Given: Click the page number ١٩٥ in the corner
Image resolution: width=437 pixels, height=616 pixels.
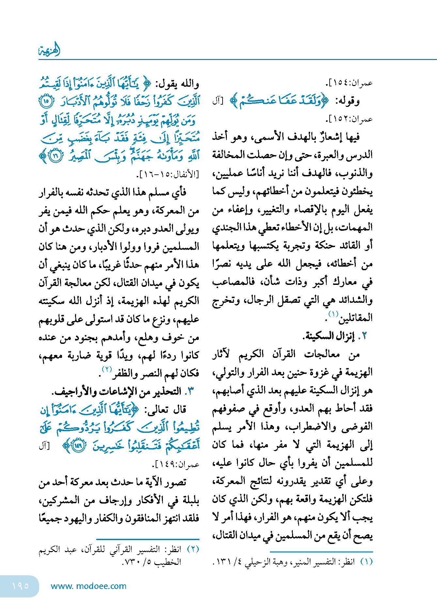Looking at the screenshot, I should pos(20,586).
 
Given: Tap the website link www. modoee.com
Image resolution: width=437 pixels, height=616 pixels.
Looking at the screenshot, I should pos(88,586).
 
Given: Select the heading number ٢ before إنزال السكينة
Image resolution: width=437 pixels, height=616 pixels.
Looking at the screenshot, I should pos(364,336).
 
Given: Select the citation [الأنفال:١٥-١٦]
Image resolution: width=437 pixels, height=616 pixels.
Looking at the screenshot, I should pos(167,174).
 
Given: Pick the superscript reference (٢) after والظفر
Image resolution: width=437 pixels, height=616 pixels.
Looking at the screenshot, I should pos(107,369).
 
